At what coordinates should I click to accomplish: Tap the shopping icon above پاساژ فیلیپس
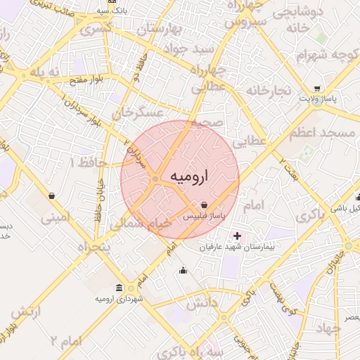pyautogui.click(x=204, y=205)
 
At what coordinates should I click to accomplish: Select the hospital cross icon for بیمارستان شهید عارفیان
pyautogui.click(x=236, y=236)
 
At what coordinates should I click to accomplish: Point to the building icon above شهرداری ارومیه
pyautogui.click(x=117, y=288)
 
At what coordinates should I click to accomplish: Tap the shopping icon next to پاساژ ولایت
pyautogui.click(x=318, y=89)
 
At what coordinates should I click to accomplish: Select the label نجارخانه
pyautogui.click(x=269, y=91)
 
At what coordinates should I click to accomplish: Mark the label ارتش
pyautogui.click(x=27, y=311)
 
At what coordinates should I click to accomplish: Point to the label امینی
pyautogui.click(x=56, y=219)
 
